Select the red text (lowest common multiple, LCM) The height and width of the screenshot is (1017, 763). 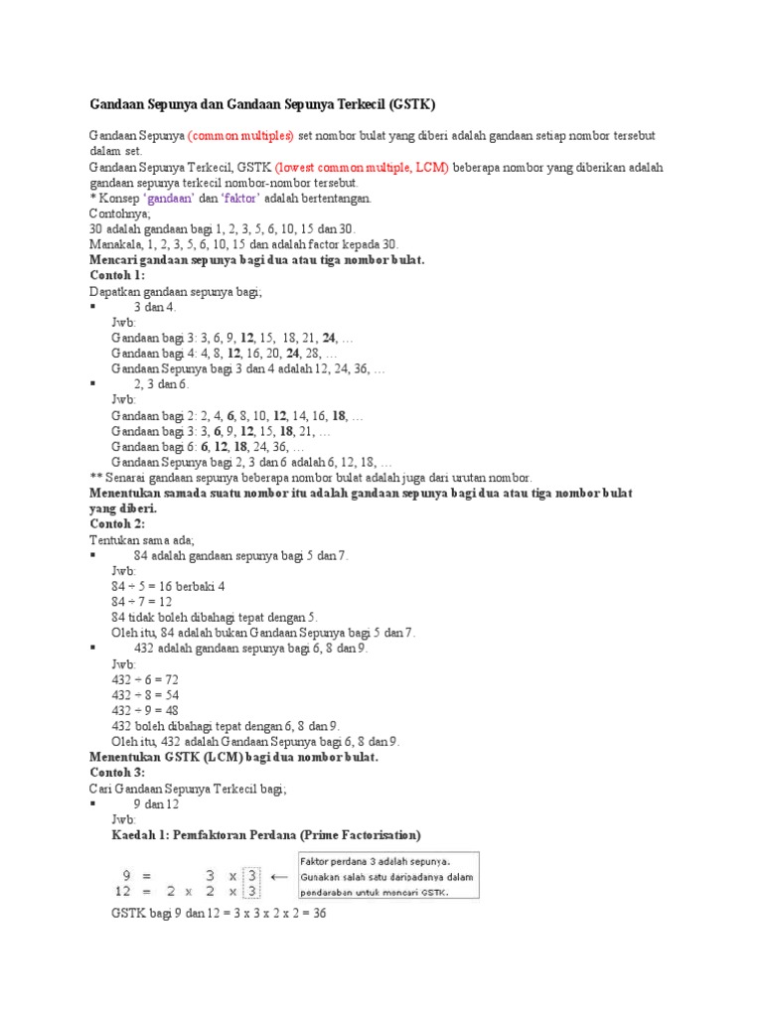click(x=363, y=167)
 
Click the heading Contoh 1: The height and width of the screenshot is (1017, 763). click(x=117, y=275)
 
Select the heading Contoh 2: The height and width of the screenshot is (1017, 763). click(x=117, y=522)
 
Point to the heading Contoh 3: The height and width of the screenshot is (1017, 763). click(x=117, y=772)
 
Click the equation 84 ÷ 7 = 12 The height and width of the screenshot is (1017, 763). click(x=143, y=601)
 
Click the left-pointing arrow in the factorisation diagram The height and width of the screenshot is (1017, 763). click(x=279, y=876)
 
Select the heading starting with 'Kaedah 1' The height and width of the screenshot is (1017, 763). click(x=266, y=834)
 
